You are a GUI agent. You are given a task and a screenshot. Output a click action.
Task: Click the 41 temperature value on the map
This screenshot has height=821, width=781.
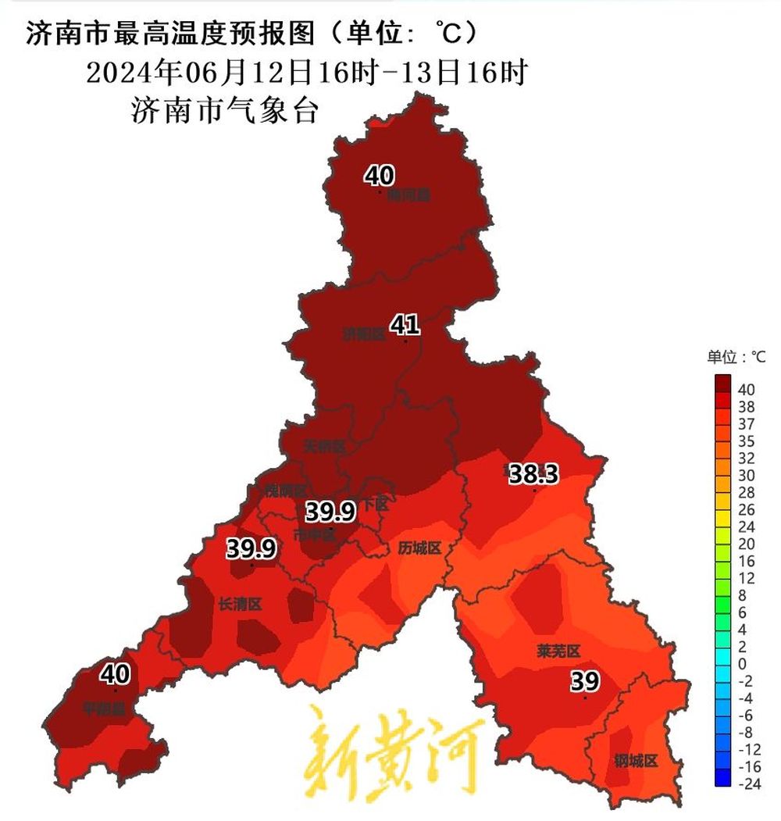[x=405, y=324]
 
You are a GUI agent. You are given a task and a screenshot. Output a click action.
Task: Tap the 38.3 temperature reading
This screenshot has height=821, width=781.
[x=533, y=473]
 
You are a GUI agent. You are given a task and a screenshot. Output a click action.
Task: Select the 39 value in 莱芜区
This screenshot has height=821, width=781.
[x=584, y=681]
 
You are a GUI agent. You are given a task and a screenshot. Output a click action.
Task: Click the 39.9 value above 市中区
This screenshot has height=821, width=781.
[x=330, y=512]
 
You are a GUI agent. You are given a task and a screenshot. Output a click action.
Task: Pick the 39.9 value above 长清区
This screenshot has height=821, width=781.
[x=251, y=549]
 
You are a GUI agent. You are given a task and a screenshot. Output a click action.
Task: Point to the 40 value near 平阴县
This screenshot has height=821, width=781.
[x=115, y=673]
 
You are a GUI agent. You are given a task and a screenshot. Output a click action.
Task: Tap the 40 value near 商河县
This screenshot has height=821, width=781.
[x=380, y=176]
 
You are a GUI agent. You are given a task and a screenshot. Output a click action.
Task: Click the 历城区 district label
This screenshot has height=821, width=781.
[x=420, y=548]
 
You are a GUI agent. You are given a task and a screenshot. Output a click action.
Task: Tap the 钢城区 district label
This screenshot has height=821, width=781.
[x=635, y=761]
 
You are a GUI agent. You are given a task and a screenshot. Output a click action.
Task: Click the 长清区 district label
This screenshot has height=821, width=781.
[x=239, y=604]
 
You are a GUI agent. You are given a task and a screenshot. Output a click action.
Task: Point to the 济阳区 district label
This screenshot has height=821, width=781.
[x=364, y=334]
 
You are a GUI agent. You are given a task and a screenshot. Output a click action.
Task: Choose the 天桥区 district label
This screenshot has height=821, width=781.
[x=324, y=447]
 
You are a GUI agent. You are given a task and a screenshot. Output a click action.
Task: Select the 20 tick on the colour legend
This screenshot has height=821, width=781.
[x=747, y=544]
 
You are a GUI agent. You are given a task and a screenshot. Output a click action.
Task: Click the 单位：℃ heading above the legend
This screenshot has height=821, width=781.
[x=736, y=357]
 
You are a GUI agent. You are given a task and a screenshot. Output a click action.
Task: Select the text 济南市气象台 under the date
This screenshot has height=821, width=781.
[x=226, y=110]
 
